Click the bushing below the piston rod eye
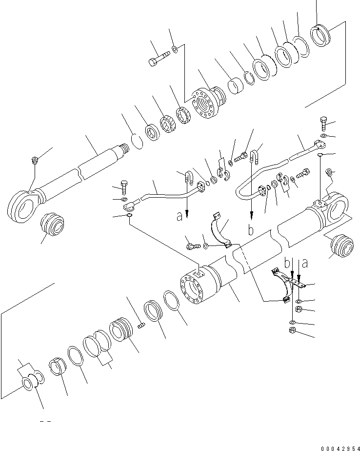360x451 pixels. click(x=52, y=225)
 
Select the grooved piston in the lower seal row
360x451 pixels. click(x=121, y=330)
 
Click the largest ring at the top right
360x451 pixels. click(x=320, y=36)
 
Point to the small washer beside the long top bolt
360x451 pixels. click(x=175, y=49)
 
